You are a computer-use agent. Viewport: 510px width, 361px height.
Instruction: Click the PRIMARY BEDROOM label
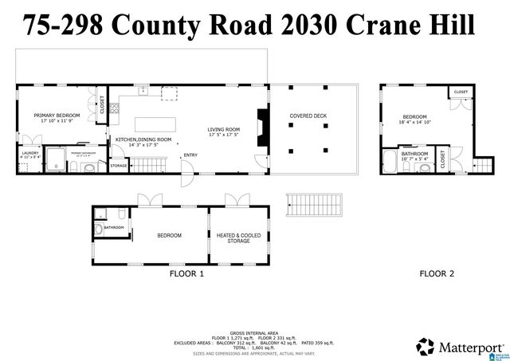[x=54, y=116]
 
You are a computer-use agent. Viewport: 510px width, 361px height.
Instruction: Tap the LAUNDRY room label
[x=30, y=152]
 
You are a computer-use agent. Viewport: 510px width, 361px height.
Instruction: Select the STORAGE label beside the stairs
[x=118, y=165]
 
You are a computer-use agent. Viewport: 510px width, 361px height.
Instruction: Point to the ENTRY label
[x=190, y=155]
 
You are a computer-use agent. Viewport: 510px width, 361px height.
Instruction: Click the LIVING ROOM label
[x=224, y=129]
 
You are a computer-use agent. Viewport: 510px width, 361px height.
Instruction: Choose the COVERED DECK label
[x=308, y=116]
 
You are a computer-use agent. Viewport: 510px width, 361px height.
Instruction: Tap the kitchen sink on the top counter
[x=143, y=91]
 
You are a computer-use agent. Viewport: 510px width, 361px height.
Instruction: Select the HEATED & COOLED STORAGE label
[x=237, y=238]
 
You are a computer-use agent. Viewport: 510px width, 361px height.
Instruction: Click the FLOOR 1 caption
[x=186, y=273]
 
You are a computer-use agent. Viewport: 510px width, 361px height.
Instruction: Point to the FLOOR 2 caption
[x=437, y=273]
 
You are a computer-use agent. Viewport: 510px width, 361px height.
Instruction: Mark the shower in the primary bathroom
[x=55, y=158]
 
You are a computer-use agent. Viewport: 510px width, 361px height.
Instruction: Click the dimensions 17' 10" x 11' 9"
[x=54, y=122]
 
